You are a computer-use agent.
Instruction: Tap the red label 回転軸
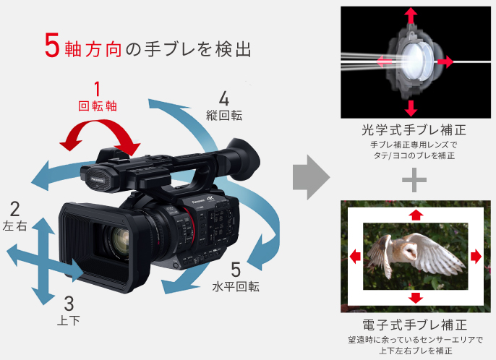[x=98, y=106]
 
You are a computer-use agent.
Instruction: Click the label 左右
[x=15, y=226]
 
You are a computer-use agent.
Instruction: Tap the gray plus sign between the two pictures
[x=414, y=180]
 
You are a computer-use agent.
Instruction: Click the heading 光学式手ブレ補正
[x=414, y=131]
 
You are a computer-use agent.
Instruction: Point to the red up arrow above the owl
[x=416, y=214]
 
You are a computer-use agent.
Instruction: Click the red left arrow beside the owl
[x=356, y=256]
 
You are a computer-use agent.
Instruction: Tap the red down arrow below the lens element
[x=411, y=108]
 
